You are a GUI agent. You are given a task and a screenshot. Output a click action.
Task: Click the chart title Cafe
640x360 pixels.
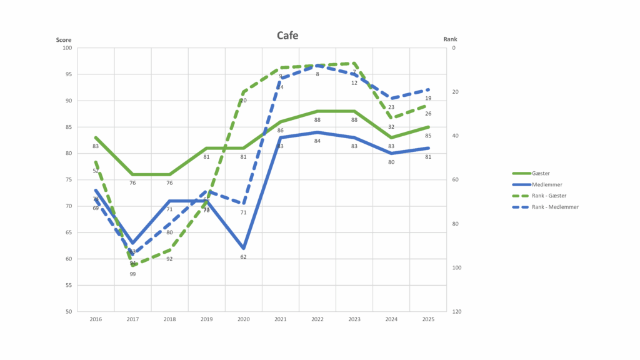287,35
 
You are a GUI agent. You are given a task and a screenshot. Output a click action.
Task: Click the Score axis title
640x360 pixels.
64,39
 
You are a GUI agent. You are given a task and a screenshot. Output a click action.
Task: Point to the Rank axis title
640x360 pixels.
450,39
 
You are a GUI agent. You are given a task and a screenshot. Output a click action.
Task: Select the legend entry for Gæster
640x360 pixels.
541,173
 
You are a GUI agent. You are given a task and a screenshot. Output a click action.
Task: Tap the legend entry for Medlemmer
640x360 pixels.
545,184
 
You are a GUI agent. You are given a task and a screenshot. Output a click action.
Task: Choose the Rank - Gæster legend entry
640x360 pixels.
549,196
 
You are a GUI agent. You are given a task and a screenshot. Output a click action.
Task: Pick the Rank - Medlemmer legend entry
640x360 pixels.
554,207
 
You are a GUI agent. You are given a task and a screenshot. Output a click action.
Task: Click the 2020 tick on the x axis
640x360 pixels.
243,319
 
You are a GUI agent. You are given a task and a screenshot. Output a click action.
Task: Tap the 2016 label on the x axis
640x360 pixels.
96,319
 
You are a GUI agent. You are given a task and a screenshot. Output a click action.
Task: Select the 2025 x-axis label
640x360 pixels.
428,319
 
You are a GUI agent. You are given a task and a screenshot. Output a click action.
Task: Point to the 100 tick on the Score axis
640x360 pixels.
67,48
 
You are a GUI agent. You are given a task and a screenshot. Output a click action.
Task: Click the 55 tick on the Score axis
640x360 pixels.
69,285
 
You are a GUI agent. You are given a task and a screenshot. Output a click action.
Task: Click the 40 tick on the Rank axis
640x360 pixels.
454,136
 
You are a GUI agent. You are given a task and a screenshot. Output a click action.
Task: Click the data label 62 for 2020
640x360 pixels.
243,257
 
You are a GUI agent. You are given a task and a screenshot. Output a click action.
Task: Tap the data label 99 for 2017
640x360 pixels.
132,274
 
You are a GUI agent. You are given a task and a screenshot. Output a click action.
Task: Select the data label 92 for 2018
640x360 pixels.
169,258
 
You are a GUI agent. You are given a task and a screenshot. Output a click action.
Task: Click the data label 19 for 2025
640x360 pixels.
428,98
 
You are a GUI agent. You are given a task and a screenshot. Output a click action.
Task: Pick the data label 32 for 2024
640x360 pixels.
391,126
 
